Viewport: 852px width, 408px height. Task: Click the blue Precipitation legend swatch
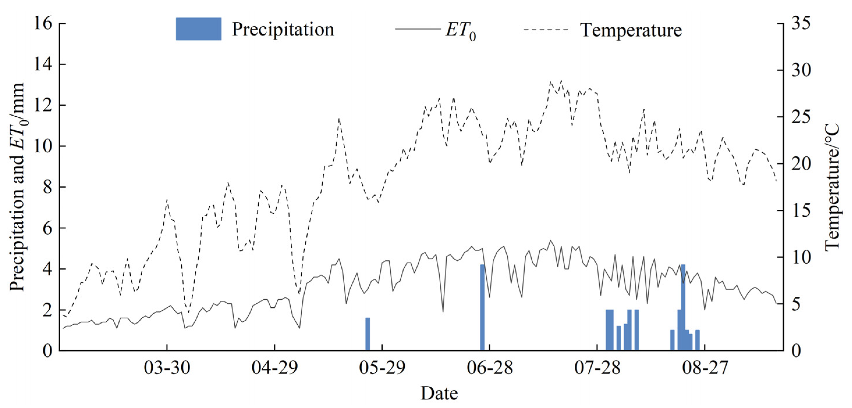click(198, 29)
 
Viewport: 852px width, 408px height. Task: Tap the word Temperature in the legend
click(631, 30)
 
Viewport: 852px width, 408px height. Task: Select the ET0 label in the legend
click(461, 31)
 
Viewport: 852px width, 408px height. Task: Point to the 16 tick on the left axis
click(43, 24)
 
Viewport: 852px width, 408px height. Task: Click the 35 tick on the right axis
click(801, 24)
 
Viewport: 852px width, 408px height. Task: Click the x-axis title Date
click(439, 394)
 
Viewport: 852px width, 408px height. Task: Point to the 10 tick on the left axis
click(43, 146)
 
